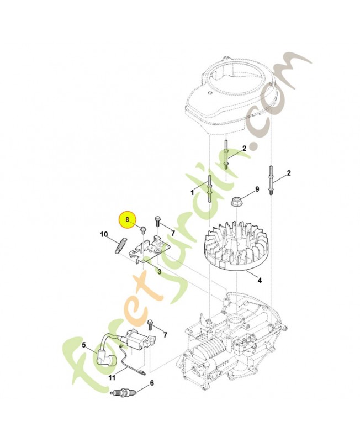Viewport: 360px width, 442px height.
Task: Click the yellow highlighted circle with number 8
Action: click(128, 219)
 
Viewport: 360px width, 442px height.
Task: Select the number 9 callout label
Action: click(257, 190)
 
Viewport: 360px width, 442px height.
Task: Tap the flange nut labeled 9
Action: click(236, 200)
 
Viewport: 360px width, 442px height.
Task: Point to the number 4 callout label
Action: click(260, 280)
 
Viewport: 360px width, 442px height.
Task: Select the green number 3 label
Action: click(159, 271)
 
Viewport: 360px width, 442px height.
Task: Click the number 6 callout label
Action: click(152, 382)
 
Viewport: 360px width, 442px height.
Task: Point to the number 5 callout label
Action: click(84, 345)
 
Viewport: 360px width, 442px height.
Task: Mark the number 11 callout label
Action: click(112, 378)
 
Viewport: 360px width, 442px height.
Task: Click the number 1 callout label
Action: click(192, 193)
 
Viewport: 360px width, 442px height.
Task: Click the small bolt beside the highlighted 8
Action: click(143, 229)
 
